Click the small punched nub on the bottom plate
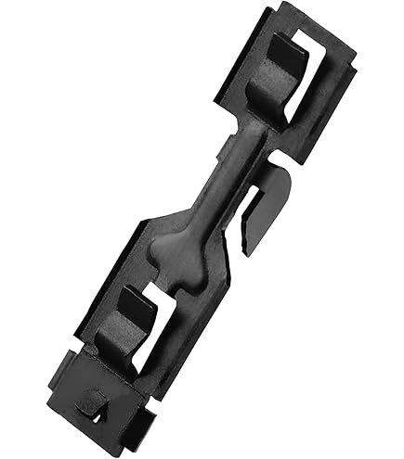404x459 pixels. coord(94,400)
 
